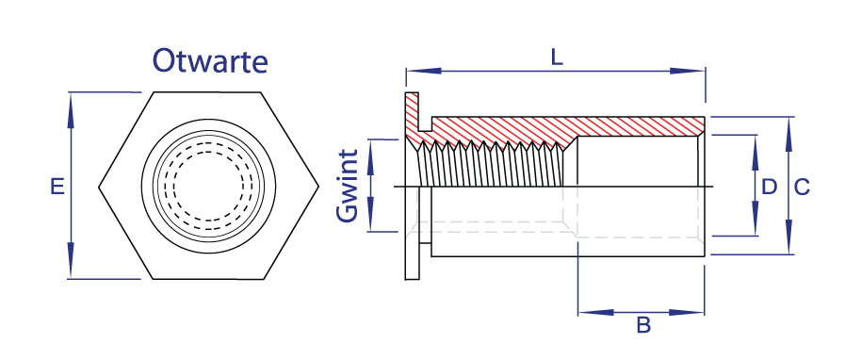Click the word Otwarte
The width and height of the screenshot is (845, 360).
[x=210, y=61]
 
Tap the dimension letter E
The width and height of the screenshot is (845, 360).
[x=57, y=187]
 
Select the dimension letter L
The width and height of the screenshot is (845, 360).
[x=557, y=57]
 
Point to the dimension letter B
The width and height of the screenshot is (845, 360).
[x=643, y=325]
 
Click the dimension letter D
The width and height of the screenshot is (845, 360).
[x=769, y=187]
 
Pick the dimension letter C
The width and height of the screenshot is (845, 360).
[x=803, y=187]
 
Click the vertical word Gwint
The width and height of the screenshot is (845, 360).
[x=348, y=186]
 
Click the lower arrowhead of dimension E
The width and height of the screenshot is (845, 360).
[x=71, y=261]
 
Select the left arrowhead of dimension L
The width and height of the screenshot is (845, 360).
[x=424, y=71]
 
